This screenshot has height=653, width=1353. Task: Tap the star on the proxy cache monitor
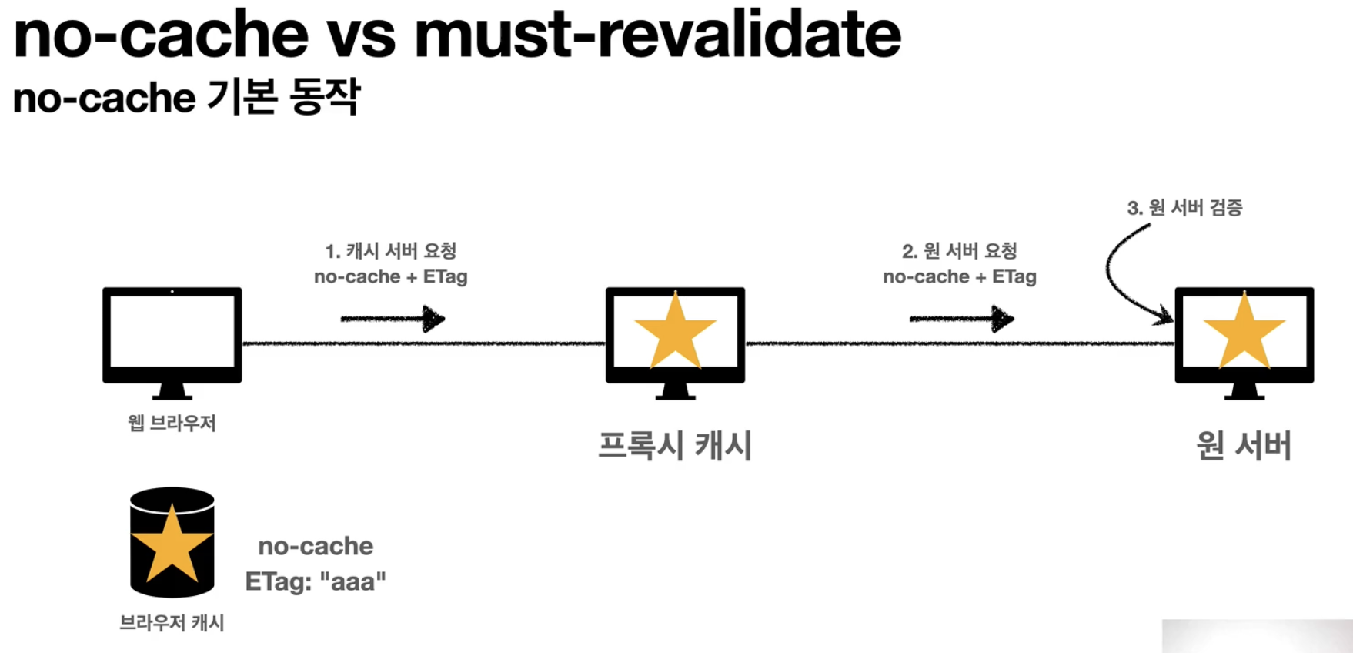point(675,331)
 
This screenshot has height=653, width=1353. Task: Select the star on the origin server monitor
point(1244,331)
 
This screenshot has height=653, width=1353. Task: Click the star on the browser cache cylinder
point(172,544)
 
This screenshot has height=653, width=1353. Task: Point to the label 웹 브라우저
point(172,423)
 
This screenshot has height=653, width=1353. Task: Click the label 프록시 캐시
point(675,446)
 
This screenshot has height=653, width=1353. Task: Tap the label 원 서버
point(1244,446)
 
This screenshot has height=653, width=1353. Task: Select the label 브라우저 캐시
point(172,622)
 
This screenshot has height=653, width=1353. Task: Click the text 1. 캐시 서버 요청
point(391,251)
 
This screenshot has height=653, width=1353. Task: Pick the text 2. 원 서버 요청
point(960,251)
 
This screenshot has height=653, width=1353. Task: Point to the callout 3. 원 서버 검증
point(1184,208)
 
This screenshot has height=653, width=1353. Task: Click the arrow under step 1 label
point(393,319)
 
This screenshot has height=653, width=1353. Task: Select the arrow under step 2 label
point(961,319)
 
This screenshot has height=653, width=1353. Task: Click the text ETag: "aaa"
point(316,581)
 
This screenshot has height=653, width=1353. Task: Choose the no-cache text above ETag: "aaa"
point(316,546)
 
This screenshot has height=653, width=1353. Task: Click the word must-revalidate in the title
point(657,35)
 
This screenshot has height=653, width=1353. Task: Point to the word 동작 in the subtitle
point(325,98)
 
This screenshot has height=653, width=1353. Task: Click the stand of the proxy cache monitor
point(675,392)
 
